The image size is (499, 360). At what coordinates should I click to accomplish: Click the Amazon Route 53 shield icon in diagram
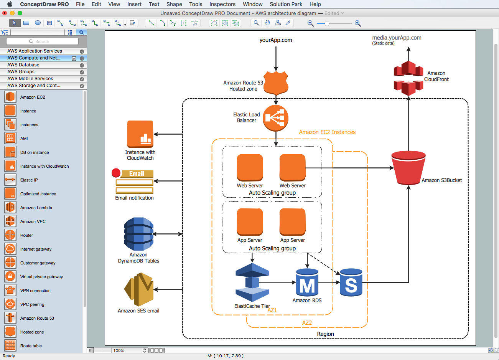point(276,83)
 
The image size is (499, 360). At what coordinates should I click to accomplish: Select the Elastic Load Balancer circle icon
point(275,118)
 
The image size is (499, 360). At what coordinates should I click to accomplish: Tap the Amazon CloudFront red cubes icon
point(408,78)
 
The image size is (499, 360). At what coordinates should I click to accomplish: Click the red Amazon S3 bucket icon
point(408,168)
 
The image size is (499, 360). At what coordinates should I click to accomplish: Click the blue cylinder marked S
point(351,282)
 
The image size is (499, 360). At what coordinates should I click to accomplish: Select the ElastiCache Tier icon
point(252,282)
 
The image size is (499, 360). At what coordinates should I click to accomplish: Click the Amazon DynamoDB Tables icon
point(138,234)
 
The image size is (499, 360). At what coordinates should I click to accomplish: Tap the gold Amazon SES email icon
point(138,289)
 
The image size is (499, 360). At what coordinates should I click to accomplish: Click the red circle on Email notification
point(116,173)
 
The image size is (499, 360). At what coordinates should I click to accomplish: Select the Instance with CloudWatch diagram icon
point(140,134)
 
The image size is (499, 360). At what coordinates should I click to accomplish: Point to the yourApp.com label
point(275,40)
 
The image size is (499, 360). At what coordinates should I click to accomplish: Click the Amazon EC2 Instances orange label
point(327,132)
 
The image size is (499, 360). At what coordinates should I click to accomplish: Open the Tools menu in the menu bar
point(196,4)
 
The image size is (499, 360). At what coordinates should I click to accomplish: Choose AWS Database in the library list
point(23,65)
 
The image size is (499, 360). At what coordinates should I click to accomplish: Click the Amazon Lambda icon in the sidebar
point(10,208)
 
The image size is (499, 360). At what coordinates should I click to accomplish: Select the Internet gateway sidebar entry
point(36,249)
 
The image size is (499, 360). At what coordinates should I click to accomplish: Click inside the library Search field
point(42,41)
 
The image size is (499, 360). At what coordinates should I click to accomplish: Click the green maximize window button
point(20,13)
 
